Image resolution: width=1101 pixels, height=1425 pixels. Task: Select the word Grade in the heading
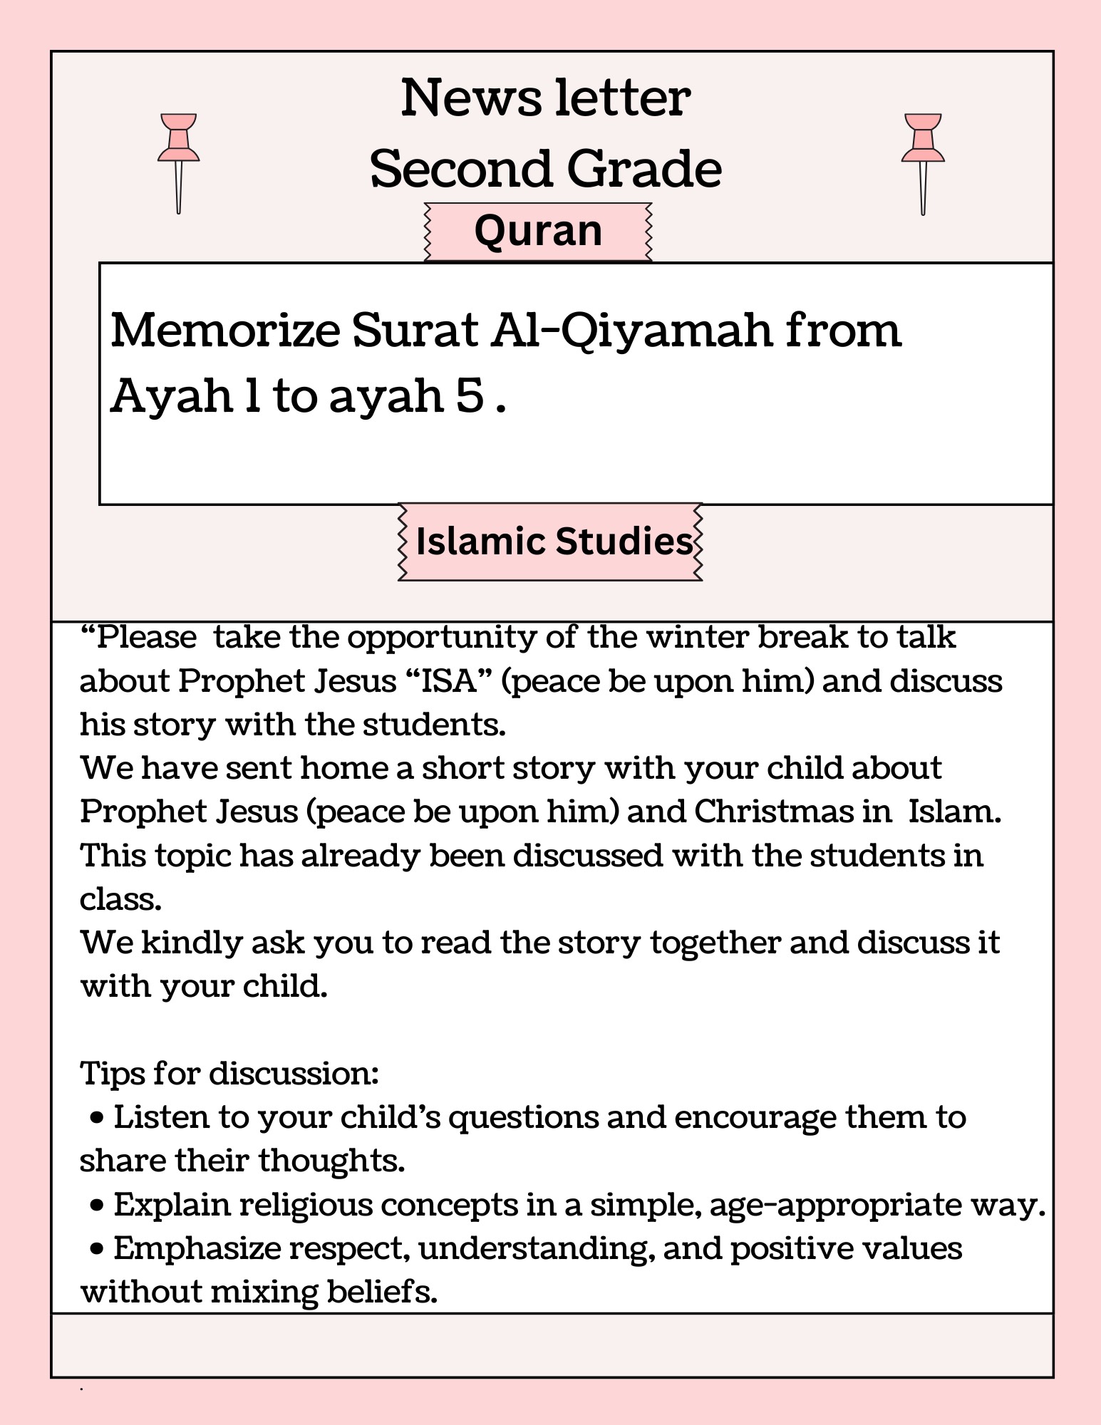tap(644, 169)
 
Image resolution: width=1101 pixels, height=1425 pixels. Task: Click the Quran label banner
tap(538, 232)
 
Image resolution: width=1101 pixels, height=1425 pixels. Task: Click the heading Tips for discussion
tap(229, 1073)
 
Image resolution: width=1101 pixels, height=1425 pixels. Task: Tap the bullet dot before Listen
tap(98, 1119)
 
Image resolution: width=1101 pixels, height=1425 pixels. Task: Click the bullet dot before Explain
tap(98, 1206)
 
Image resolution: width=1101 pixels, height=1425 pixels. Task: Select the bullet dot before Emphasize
tap(98, 1250)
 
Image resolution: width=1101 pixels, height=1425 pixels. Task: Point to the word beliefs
tap(381, 1292)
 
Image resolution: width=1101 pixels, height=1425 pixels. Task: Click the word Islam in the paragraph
tap(954, 812)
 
